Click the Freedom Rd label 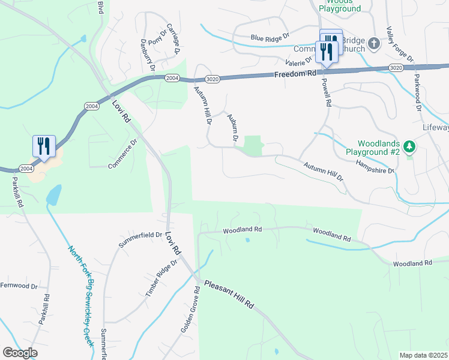tap(295, 74)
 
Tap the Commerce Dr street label tap(123, 154)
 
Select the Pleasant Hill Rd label tap(229, 295)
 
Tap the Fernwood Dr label tap(19, 285)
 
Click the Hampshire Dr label tap(375, 166)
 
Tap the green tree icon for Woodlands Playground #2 tap(409, 146)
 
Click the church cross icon tap(373, 43)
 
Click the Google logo tap(20, 352)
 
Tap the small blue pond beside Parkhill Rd tap(53, 195)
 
